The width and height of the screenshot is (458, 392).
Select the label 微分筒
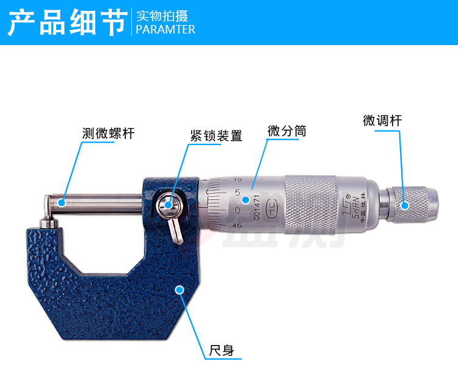tap(286, 131)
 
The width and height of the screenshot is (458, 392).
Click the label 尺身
tap(222, 351)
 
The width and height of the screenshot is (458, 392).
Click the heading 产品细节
tap(67, 23)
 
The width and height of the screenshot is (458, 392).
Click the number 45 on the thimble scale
tap(238, 226)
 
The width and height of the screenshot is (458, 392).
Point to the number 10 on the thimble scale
tap(238, 180)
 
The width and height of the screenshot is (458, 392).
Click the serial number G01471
tap(258, 204)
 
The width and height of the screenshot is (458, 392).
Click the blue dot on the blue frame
tap(180, 290)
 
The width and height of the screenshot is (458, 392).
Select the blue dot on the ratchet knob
tap(404, 205)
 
